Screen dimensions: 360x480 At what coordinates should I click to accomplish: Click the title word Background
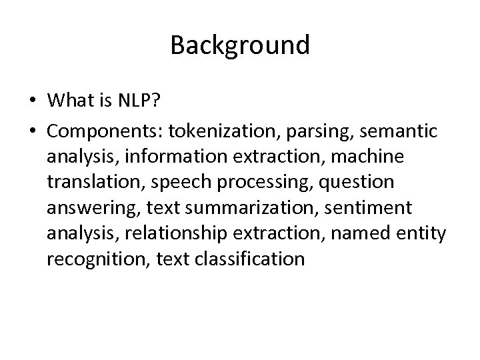(x=240, y=45)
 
